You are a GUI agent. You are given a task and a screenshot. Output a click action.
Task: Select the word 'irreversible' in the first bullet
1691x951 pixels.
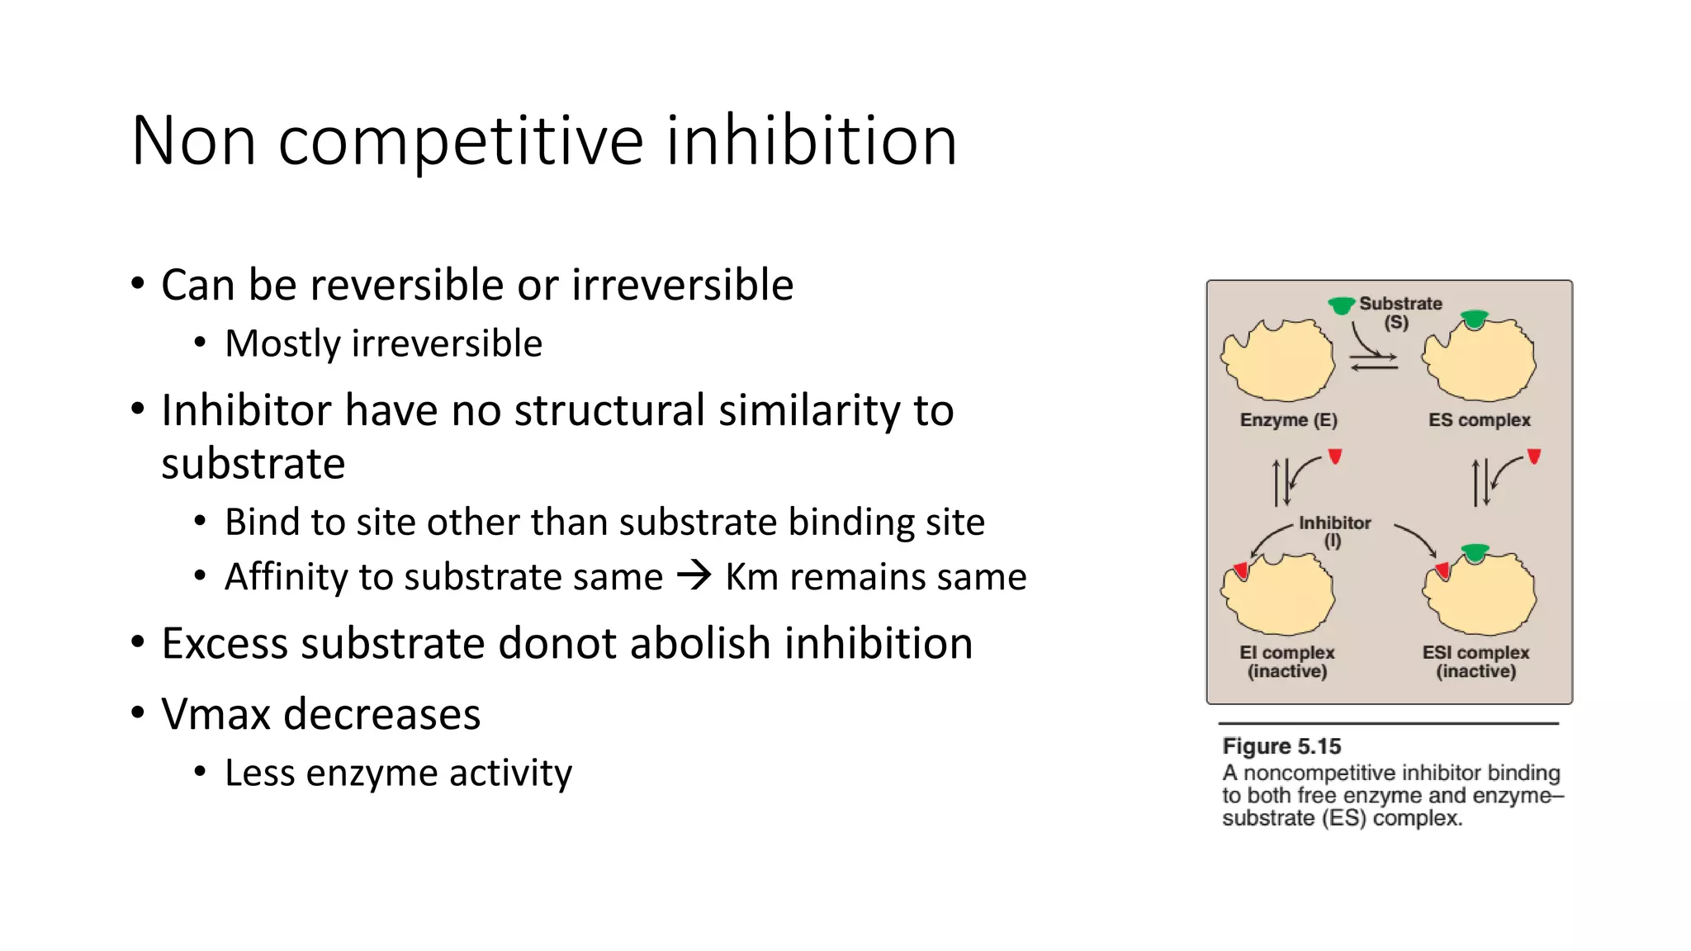point(682,285)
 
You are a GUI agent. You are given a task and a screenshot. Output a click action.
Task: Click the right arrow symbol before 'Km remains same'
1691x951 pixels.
point(694,575)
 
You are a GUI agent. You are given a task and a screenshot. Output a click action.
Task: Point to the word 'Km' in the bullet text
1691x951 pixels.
point(751,576)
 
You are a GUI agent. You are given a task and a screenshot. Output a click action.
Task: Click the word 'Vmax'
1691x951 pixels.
point(216,714)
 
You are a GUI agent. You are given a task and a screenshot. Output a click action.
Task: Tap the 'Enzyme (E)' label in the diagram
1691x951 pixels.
point(1288,419)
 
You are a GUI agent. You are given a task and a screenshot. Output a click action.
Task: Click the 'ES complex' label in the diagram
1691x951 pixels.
point(1479,419)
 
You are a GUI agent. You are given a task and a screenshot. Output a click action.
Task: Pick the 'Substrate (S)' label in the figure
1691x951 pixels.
point(1400,312)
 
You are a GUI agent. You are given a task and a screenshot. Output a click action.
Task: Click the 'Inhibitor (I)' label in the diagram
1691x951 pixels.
point(1334,531)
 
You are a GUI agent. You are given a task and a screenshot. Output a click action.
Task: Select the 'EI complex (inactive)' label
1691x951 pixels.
point(1286,661)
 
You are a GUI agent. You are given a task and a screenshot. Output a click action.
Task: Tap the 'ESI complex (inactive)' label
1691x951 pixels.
point(1475,661)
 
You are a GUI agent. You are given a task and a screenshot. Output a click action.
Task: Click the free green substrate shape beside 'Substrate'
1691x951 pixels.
point(1341,305)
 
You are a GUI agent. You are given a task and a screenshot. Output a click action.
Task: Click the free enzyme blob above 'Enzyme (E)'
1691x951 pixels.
point(1277,362)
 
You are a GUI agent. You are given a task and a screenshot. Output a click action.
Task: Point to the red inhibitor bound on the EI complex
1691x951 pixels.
point(1240,570)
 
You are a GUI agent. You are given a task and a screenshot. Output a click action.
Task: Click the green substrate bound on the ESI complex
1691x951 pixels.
point(1475,551)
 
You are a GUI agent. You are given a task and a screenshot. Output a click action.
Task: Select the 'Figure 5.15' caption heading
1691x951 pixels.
point(1281,746)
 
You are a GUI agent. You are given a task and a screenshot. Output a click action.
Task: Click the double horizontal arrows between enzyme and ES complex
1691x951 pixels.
point(1374,362)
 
